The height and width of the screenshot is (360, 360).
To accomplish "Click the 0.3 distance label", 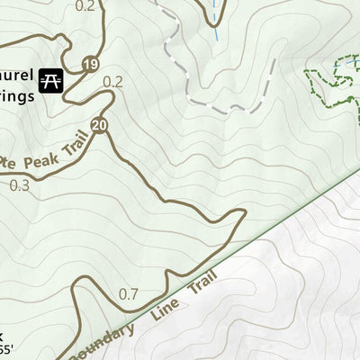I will tap(19, 185).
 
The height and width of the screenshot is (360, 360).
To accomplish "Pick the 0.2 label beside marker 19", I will tap(112, 82).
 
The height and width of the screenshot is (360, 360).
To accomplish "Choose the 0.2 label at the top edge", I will tap(85, 6).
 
